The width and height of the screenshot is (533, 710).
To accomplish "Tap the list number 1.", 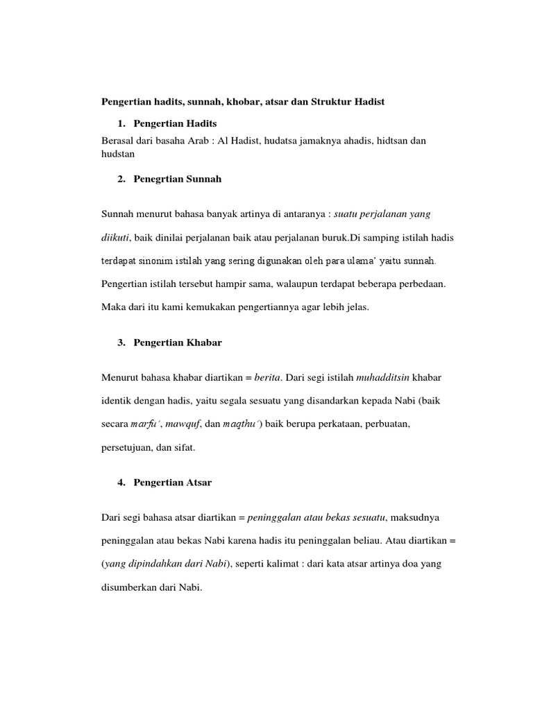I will pyautogui.click(x=121, y=123).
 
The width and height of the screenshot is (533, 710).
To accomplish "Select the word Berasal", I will pyautogui.click(x=118, y=140).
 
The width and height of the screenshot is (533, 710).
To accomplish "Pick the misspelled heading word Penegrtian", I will pyautogui.click(x=155, y=179).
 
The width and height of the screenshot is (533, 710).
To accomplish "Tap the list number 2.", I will pyautogui.click(x=121, y=179).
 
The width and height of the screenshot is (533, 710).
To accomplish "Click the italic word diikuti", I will pyautogui.click(x=116, y=238).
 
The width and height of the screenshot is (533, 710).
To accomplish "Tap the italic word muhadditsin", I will pyautogui.click(x=383, y=377).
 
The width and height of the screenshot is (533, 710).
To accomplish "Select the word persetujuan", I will pyautogui.click(x=126, y=447).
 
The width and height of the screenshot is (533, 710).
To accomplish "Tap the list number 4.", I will pyautogui.click(x=121, y=482).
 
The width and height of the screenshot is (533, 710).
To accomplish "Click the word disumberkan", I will pyautogui.click(x=128, y=587).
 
